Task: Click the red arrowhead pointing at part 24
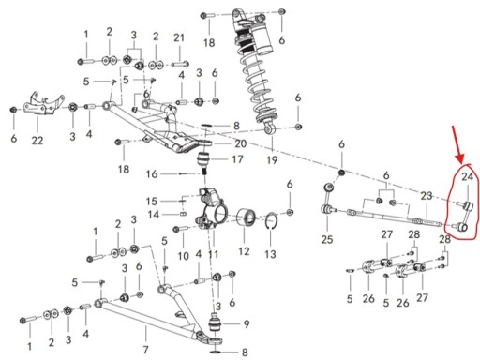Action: (x=460, y=158)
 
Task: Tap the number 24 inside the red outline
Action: (x=467, y=177)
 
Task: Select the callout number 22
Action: (x=37, y=141)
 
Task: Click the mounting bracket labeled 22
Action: (x=43, y=105)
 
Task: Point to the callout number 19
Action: (x=272, y=159)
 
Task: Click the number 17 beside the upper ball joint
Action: (x=237, y=159)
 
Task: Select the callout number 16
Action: (x=152, y=173)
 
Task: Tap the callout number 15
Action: (x=151, y=201)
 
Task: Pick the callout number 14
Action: (x=154, y=215)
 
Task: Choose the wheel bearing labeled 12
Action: (x=247, y=217)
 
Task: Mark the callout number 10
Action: (x=184, y=256)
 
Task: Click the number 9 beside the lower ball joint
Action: (x=247, y=324)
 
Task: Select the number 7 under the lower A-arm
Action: (x=145, y=350)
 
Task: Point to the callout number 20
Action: (x=241, y=143)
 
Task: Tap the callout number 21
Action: (x=179, y=37)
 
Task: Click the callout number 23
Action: (x=427, y=196)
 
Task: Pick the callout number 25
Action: (x=327, y=239)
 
